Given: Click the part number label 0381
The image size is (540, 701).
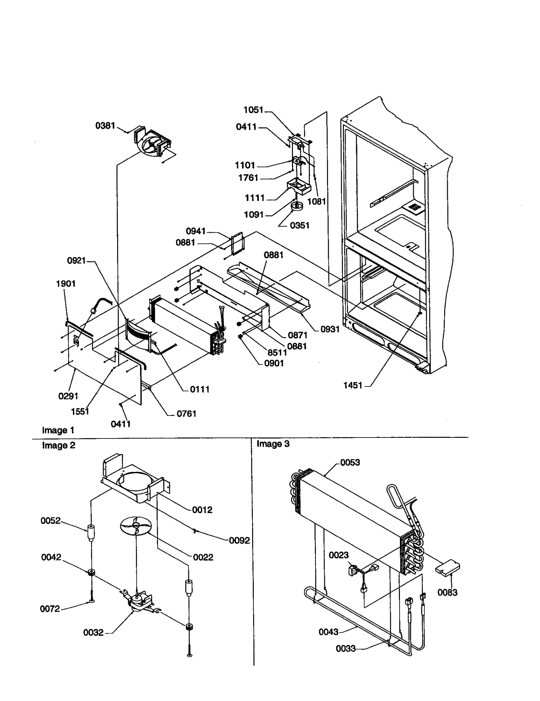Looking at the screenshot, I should tap(105, 126).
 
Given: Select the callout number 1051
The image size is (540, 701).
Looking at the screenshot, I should tap(253, 110).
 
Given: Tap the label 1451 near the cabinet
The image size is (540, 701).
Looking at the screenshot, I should tap(353, 385).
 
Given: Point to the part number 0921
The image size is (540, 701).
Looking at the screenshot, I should tap(77, 260).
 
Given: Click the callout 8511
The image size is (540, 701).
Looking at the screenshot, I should tap(277, 353).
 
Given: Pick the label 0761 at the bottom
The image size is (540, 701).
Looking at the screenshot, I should tap(186, 414).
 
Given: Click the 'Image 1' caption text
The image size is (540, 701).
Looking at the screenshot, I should tap(58, 430).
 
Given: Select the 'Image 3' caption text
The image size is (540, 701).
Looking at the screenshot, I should tap(273, 444).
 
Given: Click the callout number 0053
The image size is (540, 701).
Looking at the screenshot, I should tap(350, 462).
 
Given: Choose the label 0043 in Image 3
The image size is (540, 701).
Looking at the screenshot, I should tap(328, 632).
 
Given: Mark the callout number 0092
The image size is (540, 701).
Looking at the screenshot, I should tap(239, 541).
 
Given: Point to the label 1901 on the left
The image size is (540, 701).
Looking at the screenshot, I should tap(66, 283).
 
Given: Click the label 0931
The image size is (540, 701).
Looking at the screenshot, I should tap(330, 329).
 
